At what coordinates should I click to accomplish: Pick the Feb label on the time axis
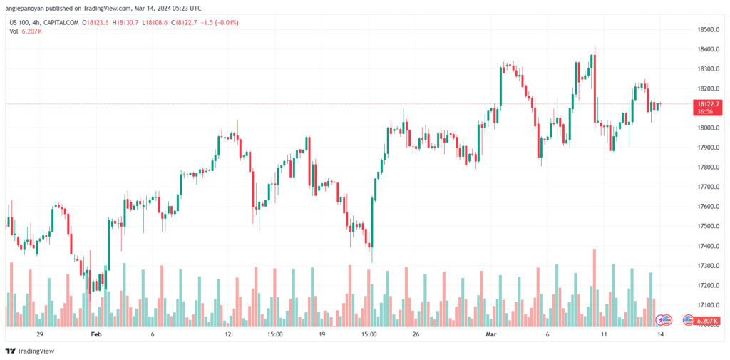tap(96, 334)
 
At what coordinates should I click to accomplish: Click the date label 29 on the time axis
tap(40, 334)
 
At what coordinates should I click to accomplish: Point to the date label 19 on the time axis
tap(322, 334)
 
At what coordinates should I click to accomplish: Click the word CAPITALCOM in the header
tap(60, 23)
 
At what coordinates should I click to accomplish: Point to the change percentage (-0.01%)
tap(225, 23)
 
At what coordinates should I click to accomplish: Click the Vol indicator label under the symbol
tap(14, 31)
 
